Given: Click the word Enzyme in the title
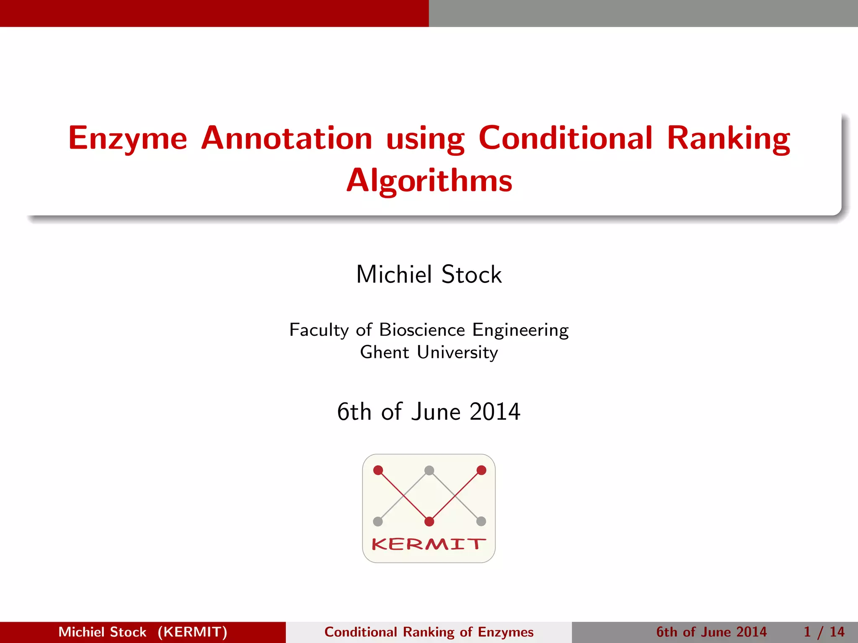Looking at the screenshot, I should (x=127, y=138).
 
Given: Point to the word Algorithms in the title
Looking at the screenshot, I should (x=429, y=181).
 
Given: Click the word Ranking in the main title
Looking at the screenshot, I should (x=728, y=138).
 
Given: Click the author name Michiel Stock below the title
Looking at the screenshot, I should (x=429, y=275).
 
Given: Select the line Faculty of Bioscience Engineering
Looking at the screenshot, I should (x=429, y=330).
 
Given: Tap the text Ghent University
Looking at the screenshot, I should (x=429, y=352).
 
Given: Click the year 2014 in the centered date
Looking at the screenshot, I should (x=495, y=412).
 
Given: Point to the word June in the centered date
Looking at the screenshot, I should (x=436, y=412).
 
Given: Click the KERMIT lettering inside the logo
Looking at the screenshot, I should (x=429, y=544).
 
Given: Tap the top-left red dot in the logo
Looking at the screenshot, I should (x=378, y=470).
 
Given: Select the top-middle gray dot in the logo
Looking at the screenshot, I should (x=429, y=470).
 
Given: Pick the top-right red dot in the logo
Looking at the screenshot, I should (x=481, y=470).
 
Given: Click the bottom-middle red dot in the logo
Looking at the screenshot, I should (x=429, y=522).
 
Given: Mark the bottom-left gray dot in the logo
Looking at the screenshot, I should (x=378, y=522).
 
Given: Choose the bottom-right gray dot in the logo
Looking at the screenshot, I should (x=481, y=522).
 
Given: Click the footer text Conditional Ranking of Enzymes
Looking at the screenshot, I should (x=429, y=632).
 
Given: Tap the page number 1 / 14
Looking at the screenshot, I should (x=824, y=632).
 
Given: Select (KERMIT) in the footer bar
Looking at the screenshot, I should (x=192, y=632).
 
